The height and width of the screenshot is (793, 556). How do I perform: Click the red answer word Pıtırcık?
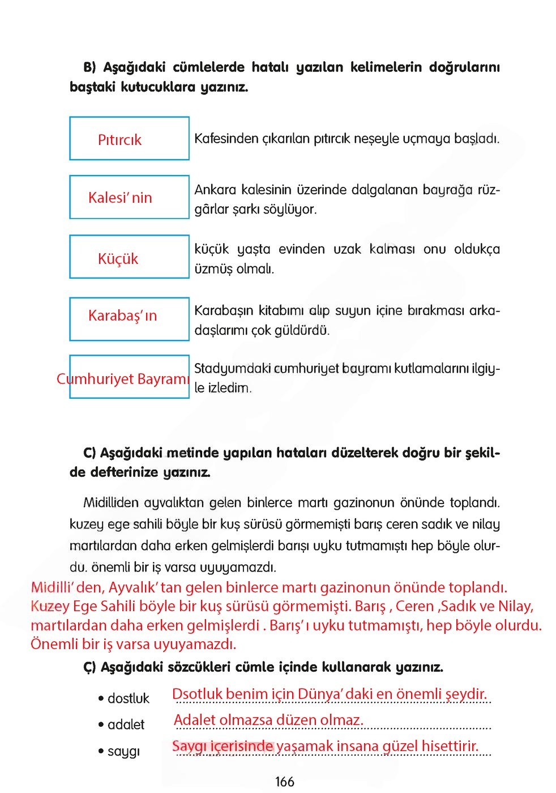click(x=119, y=140)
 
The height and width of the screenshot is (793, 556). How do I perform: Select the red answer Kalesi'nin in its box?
click(x=120, y=198)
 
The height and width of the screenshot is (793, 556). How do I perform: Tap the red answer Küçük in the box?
click(x=118, y=259)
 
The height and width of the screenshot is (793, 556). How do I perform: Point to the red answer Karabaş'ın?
click(x=122, y=316)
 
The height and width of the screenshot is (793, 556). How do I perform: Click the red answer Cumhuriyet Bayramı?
click(x=123, y=379)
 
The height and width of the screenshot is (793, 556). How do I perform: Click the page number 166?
click(x=284, y=782)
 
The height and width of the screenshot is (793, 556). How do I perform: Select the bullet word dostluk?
click(x=129, y=699)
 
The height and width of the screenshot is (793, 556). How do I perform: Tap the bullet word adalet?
click(x=126, y=725)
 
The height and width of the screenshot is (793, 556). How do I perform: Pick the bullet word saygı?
click(x=123, y=752)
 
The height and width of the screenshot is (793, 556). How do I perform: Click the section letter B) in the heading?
click(x=90, y=67)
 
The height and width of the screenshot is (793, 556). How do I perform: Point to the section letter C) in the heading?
click(x=89, y=453)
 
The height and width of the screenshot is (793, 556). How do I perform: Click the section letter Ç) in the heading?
click(x=90, y=667)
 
